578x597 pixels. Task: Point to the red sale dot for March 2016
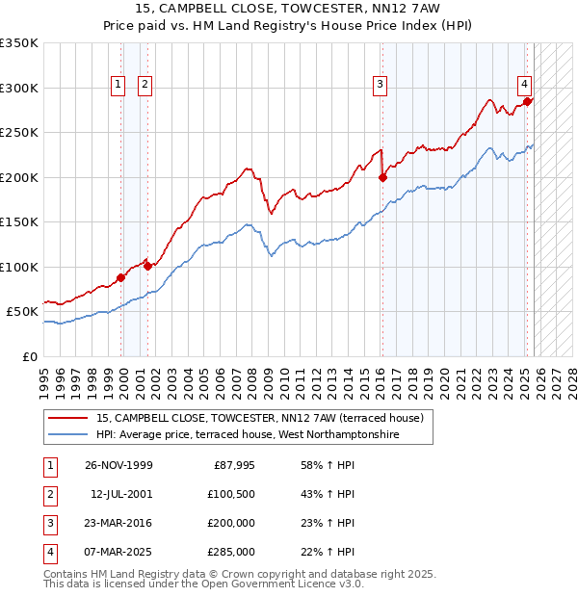tap(382, 177)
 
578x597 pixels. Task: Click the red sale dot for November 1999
tap(121, 277)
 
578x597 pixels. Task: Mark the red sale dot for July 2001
tap(147, 266)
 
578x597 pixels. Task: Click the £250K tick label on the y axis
tap(19, 133)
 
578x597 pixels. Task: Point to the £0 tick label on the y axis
tap(29, 356)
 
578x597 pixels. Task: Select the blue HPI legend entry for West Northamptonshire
tap(248, 435)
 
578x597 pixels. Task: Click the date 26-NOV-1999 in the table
tap(118, 465)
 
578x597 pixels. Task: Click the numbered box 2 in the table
tap(49, 494)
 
